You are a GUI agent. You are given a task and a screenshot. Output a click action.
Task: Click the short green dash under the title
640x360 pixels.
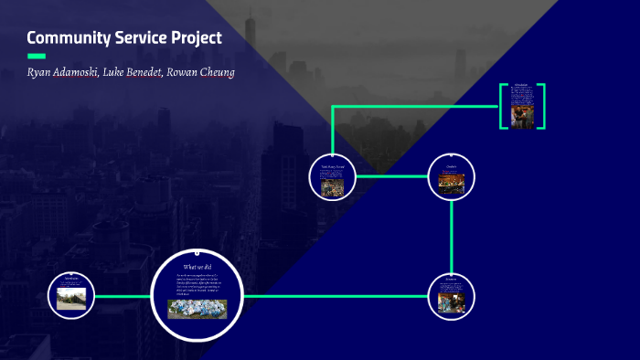point(37,57)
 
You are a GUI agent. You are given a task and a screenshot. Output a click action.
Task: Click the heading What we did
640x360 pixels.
point(197,267)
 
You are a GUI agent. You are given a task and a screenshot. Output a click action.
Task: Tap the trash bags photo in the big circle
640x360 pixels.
point(197,309)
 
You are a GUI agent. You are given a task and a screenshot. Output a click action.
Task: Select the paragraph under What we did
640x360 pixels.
point(197,284)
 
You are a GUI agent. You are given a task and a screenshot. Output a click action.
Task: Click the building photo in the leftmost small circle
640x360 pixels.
point(71,299)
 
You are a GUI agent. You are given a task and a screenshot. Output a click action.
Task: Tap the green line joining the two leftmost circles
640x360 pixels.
point(123,296)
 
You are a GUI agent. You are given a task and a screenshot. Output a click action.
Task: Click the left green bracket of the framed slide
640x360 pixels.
point(502,106)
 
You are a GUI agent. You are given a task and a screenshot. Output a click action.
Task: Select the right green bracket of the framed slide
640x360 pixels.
point(543,106)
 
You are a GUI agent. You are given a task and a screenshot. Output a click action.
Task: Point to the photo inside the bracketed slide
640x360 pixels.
point(523,114)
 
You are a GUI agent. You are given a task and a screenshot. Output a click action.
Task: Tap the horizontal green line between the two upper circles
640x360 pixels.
point(391,176)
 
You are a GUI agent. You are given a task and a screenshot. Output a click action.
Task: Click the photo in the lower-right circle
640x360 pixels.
point(451,302)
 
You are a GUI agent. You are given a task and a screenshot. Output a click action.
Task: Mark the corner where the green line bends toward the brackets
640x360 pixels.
point(333,107)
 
